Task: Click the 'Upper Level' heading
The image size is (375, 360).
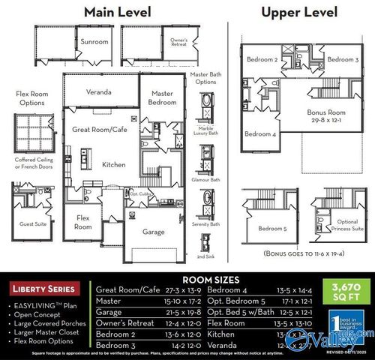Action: click(299, 12)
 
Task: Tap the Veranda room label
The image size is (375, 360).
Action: click(99, 92)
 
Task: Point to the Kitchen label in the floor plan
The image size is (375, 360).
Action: click(114, 164)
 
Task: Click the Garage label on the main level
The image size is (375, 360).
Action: click(153, 232)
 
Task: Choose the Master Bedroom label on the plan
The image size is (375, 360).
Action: click(163, 97)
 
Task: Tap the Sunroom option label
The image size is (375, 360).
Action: click(94, 42)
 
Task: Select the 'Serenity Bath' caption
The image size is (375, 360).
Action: click(205, 223)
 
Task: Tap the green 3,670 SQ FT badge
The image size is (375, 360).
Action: click(340, 290)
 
